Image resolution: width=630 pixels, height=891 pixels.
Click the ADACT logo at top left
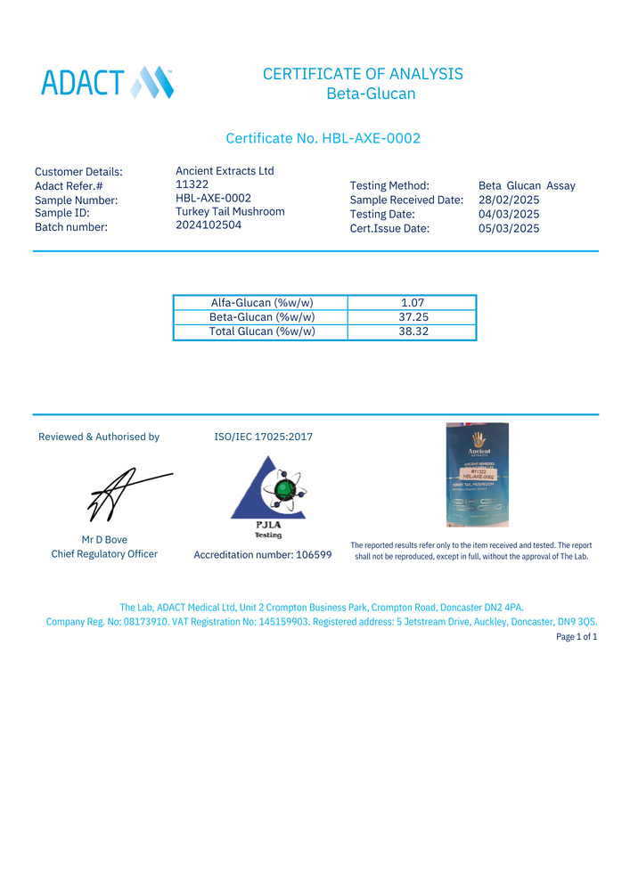[107, 82]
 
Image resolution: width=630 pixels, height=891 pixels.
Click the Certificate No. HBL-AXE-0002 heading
[323, 138]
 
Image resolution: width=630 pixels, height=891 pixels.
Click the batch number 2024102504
[209, 225]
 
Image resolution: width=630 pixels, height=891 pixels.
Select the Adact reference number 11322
[192, 184]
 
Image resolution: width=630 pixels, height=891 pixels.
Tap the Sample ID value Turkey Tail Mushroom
[230, 211]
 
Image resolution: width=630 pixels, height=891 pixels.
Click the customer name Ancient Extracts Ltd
[225, 171]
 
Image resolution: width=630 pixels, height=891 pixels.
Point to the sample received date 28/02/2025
[509, 200]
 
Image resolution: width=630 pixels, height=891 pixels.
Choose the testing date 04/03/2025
[509, 214]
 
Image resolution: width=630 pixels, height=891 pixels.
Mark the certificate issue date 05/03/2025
[509, 228]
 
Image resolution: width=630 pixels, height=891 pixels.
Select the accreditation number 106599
[262, 554]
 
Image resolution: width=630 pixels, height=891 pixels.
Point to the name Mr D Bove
[104, 539]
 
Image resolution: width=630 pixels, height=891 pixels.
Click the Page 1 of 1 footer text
[576, 637]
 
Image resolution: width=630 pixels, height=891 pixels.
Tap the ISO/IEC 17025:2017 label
[263, 437]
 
